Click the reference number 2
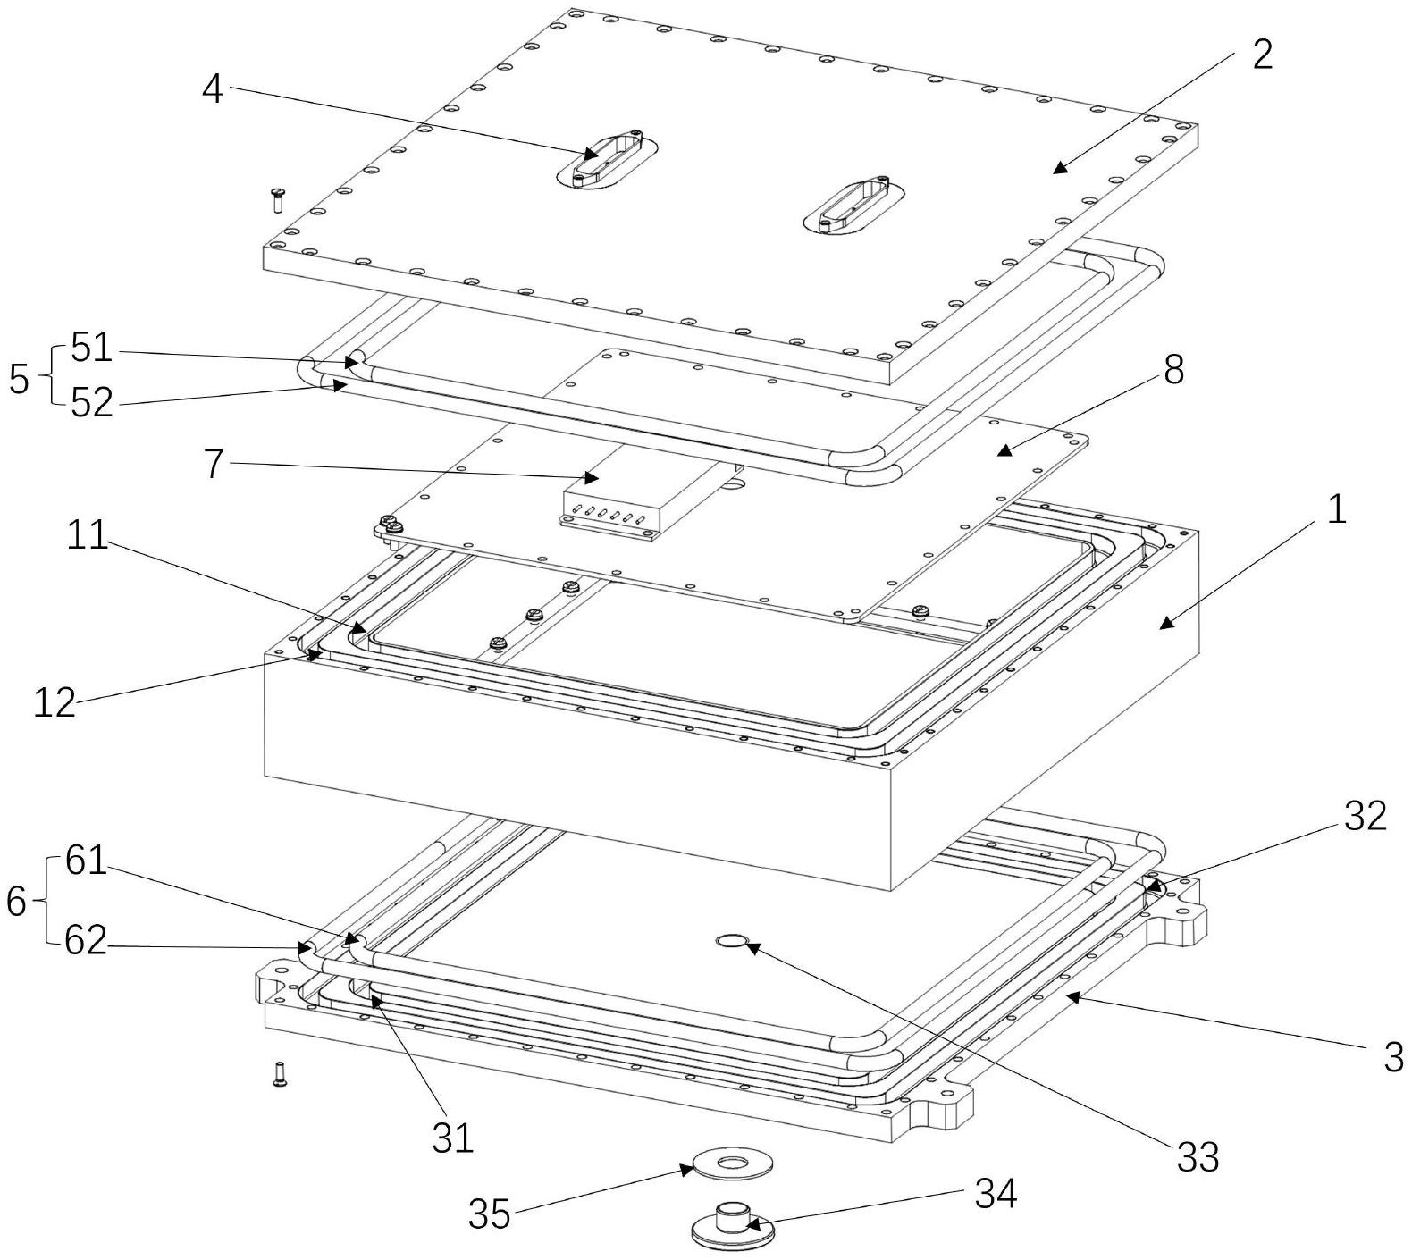[x=1261, y=55]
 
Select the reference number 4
[x=212, y=88]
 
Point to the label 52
[x=92, y=403]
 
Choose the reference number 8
[x=1173, y=367]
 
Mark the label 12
[x=55, y=703]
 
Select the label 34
[x=995, y=1194]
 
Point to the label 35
[x=490, y=1214]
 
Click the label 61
[x=85, y=863]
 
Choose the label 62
[x=85, y=940]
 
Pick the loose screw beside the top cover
[x=277, y=198]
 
